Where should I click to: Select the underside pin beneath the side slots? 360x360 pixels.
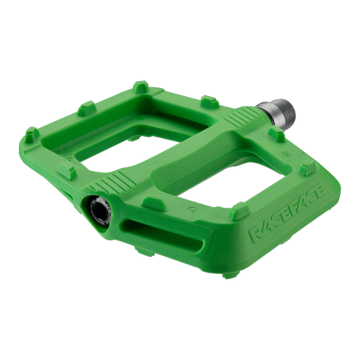point(145,251)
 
